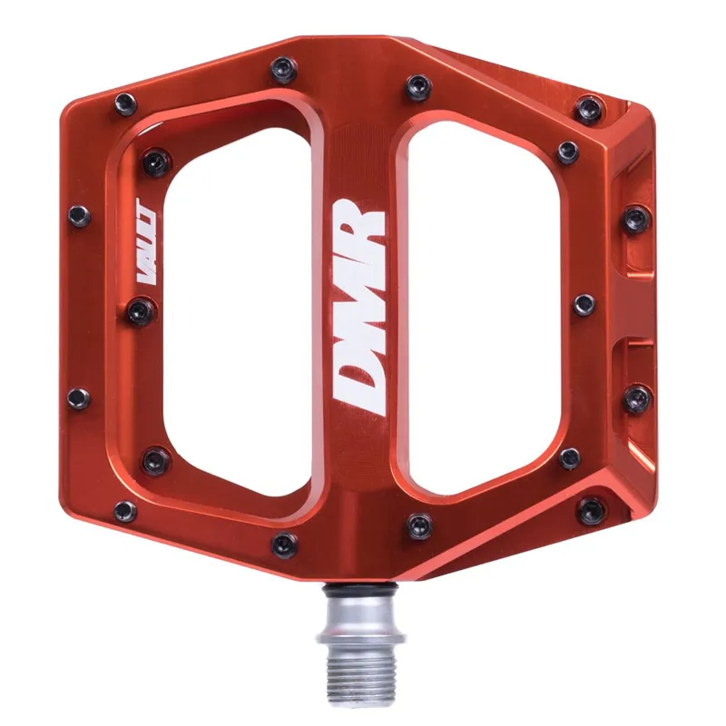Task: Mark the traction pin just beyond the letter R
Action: click(418, 85)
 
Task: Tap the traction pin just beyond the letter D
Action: click(418, 524)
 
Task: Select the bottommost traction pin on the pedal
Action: click(284, 545)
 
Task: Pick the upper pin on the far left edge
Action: click(79, 215)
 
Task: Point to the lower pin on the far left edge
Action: click(79, 397)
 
